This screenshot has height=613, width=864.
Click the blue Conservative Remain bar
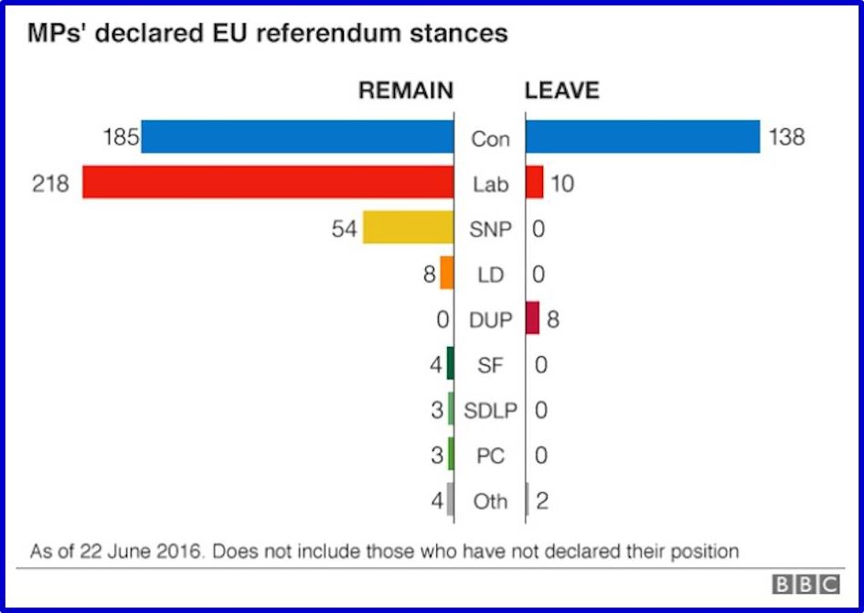(x=297, y=137)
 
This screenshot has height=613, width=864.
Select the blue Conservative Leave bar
(x=642, y=137)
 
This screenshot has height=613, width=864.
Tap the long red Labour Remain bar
(x=268, y=182)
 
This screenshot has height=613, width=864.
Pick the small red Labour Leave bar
(x=534, y=182)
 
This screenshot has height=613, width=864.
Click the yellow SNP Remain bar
(x=408, y=227)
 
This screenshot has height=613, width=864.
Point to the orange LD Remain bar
(x=446, y=273)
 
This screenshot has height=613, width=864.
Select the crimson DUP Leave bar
(x=532, y=318)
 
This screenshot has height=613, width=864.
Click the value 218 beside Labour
(x=50, y=184)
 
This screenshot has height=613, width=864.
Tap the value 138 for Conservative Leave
(x=786, y=138)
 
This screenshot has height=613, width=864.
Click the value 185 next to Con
(x=121, y=138)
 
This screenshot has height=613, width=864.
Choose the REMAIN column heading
(x=405, y=91)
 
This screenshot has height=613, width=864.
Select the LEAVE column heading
(x=561, y=91)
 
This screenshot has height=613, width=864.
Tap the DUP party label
(x=490, y=320)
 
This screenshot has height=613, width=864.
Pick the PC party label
(x=490, y=456)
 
